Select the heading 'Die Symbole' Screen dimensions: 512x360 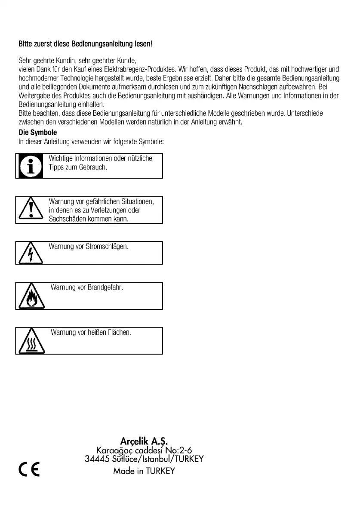click(38, 133)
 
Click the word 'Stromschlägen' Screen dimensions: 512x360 click(107, 247)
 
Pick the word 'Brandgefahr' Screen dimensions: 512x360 click(105, 287)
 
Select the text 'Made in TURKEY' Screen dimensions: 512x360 click(144, 471)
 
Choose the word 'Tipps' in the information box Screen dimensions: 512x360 click(56, 167)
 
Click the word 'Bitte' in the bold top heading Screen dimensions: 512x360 click(25, 44)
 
